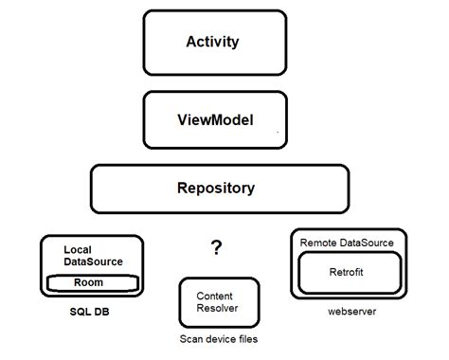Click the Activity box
point(215,43)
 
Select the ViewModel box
point(215,121)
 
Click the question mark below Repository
point(217,248)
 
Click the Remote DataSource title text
point(347,243)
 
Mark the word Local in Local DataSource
point(78,249)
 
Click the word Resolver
point(217,308)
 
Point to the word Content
point(215,296)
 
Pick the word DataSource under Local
point(94,261)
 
